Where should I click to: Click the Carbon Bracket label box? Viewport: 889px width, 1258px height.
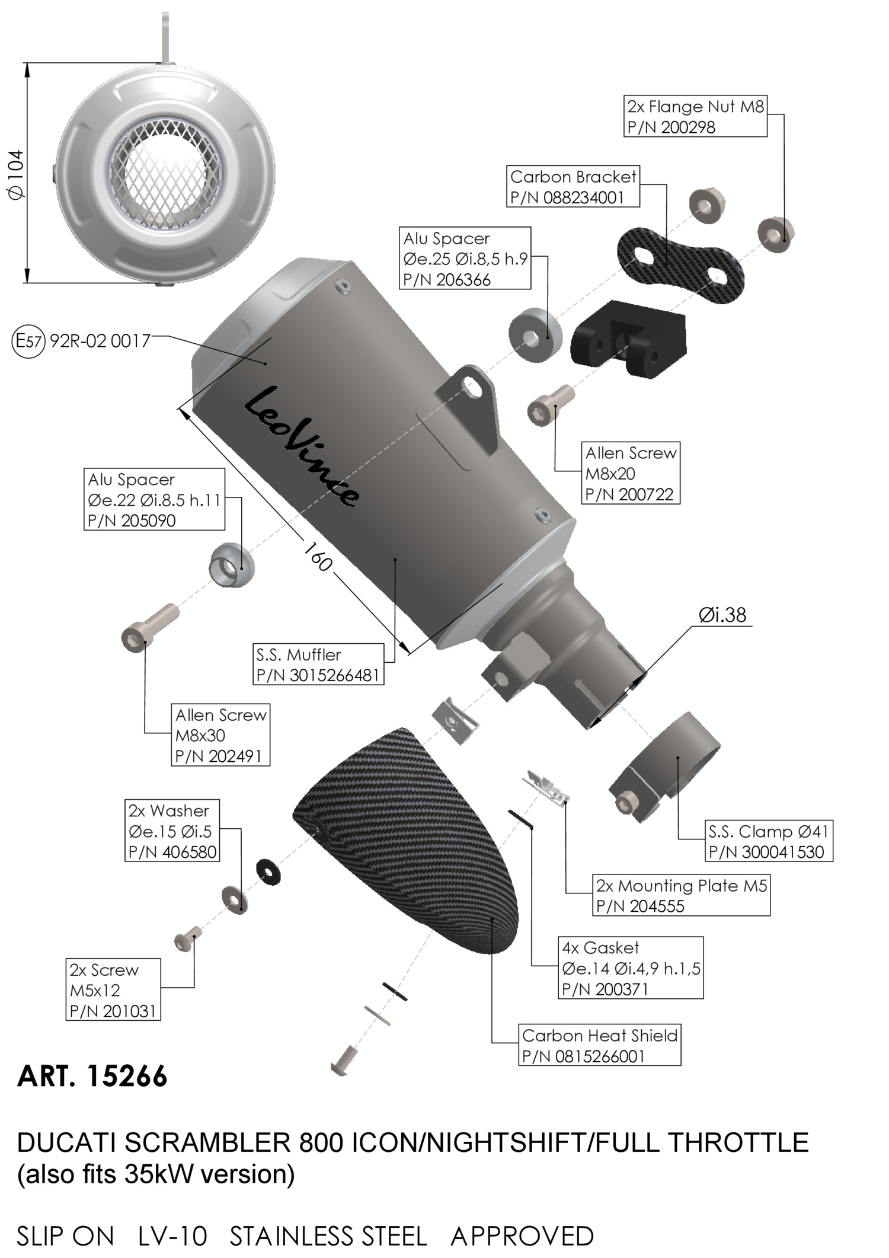pyautogui.click(x=574, y=187)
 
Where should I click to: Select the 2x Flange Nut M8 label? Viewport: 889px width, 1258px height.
pyautogui.click(x=695, y=116)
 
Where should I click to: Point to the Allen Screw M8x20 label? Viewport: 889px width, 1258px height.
pyautogui.click(x=631, y=473)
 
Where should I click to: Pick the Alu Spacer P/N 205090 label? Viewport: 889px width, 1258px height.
pyautogui.click(x=154, y=499)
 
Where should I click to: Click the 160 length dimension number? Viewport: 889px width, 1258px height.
pyautogui.click(x=318, y=555)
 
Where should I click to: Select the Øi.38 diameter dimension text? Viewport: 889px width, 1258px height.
pyautogui.click(x=722, y=615)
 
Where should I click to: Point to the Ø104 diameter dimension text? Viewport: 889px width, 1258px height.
pyautogui.click(x=16, y=174)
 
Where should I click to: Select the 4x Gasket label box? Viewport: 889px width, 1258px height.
pyautogui.click(x=631, y=968)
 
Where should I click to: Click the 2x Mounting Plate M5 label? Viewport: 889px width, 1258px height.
pyautogui.click(x=682, y=895)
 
